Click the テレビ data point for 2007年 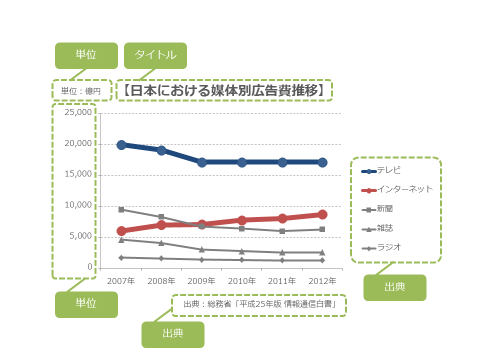pyautogui.click(x=121, y=145)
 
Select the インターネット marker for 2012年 pyautogui.click(x=322, y=214)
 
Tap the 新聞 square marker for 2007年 pyautogui.click(x=121, y=209)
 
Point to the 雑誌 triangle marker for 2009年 pyautogui.click(x=202, y=249)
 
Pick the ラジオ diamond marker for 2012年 pyautogui.click(x=322, y=260)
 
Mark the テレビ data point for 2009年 pyautogui.click(x=202, y=162)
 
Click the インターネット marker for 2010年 pyautogui.click(x=242, y=220)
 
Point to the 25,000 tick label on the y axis pyautogui.click(x=78, y=112)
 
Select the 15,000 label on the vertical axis pyautogui.click(x=78, y=174)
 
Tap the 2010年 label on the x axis pyautogui.click(x=242, y=281)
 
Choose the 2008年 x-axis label pyautogui.click(x=161, y=281)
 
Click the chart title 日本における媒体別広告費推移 pyautogui.click(x=224, y=90)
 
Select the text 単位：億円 pyautogui.click(x=81, y=91)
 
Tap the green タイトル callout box pyautogui.click(x=155, y=55)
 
